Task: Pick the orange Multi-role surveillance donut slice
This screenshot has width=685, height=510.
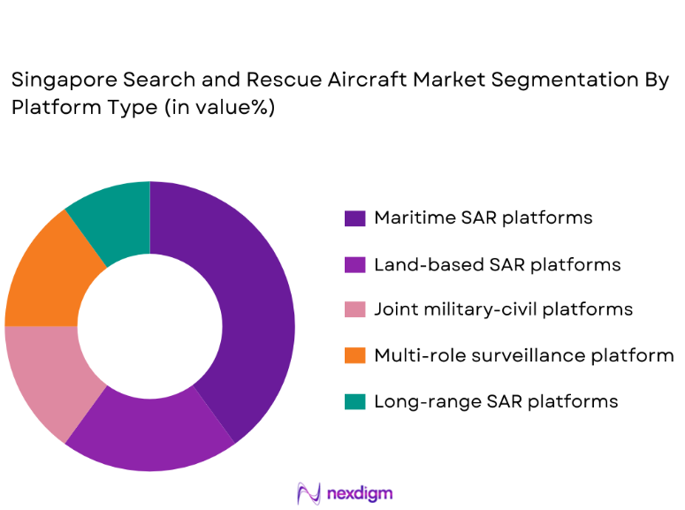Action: (44, 274)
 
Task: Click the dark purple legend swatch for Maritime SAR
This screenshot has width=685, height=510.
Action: (354, 218)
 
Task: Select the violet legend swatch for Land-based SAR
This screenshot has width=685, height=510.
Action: (354, 264)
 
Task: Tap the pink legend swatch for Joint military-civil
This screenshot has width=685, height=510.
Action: (354, 310)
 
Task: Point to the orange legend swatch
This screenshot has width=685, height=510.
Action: (354, 356)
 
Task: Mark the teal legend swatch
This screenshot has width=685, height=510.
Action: (354, 402)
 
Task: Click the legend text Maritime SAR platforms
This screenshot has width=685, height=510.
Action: (483, 217)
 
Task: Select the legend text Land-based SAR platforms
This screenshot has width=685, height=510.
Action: (497, 264)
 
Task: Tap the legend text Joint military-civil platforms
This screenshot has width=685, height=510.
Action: (503, 309)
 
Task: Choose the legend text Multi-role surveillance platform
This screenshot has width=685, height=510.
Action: (523, 355)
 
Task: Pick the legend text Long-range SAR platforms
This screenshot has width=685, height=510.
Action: (495, 401)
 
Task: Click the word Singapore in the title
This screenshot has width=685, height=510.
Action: (53, 81)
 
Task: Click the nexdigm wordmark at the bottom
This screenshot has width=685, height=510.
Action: (359, 493)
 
